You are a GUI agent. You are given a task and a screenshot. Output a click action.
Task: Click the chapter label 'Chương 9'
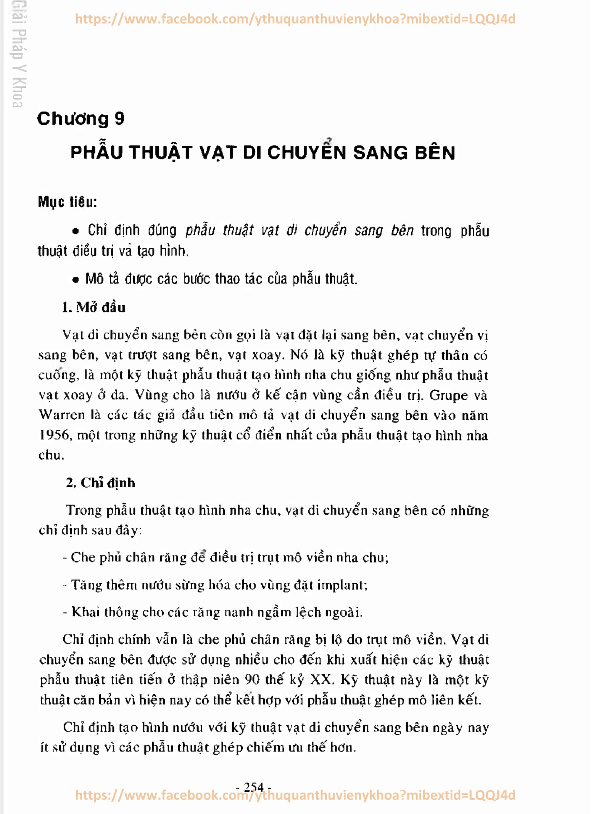pyautogui.click(x=80, y=118)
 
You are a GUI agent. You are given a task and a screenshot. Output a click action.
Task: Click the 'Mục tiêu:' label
pyautogui.click(x=68, y=202)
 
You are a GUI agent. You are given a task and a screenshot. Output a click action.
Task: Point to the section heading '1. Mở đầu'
pyautogui.click(x=94, y=307)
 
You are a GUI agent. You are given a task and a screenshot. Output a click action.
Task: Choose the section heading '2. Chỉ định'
pyautogui.click(x=100, y=483)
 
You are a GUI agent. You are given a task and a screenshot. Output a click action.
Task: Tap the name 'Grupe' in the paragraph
pyautogui.click(x=448, y=395)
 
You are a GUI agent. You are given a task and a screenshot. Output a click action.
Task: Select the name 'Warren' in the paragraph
pyautogui.click(x=61, y=415)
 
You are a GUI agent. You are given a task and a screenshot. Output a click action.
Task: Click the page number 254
pyautogui.click(x=254, y=787)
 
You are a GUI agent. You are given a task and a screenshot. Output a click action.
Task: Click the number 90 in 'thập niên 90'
pyautogui.click(x=252, y=680)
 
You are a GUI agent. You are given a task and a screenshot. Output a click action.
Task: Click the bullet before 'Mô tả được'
pyautogui.click(x=75, y=280)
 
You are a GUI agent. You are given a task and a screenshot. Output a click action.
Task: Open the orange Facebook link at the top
pyautogui.click(x=295, y=19)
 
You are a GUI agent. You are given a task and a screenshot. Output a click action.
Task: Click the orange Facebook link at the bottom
pyautogui.click(x=295, y=795)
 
